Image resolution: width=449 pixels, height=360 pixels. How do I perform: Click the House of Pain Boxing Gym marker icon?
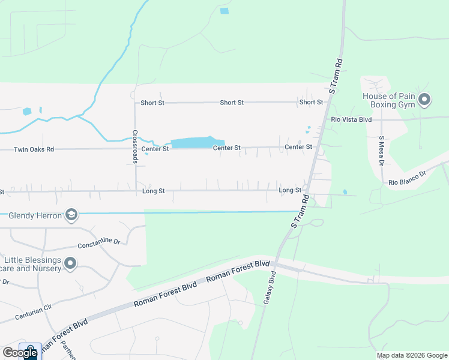click(425, 100)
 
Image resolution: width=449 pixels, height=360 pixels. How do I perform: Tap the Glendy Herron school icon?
click(71, 215)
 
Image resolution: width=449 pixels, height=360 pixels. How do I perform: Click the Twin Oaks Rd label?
click(34, 149)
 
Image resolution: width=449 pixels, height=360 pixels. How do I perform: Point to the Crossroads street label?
click(134, 146)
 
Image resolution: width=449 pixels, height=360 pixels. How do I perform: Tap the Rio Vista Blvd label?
click(352, 119)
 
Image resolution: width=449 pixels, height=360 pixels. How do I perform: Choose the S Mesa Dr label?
click(381, 151)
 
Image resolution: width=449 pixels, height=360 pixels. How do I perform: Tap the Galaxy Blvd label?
click(268, 288)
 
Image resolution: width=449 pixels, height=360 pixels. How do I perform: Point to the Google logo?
click(20, 353)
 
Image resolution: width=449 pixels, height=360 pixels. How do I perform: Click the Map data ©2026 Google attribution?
click(412, 355)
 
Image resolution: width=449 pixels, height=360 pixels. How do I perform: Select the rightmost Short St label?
click(311, 103)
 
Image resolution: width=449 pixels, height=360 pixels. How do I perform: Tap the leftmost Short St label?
click(152, 103)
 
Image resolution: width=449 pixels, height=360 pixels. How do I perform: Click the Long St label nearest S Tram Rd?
click(289, 190)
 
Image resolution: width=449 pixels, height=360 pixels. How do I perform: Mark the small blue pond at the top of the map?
click(224, 11)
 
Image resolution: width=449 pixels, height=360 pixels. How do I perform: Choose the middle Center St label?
click(228, 148)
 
